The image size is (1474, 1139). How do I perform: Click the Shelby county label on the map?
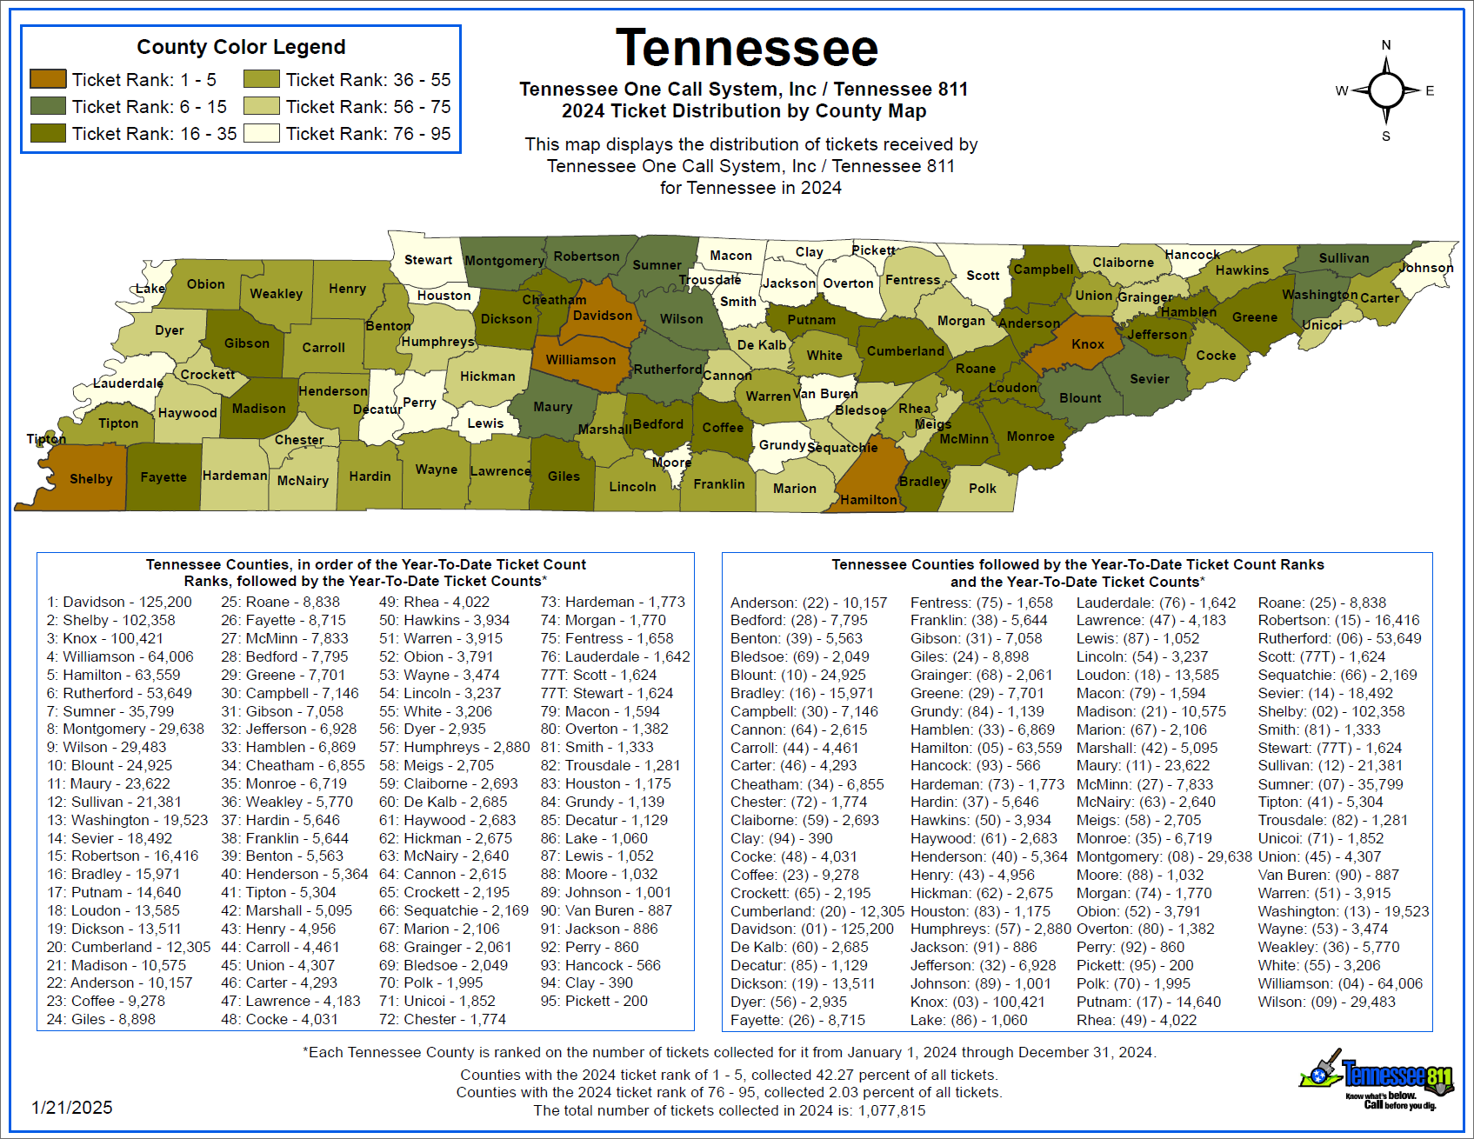pyautogui.click(x=91, y=479)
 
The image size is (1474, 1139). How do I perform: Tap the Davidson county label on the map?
pyautogui.click(x=603, y=316)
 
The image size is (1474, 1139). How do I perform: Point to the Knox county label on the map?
pyautogui.click(x=1088, y=344)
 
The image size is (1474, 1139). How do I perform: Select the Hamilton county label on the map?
pyautogui.click(x=869, y=500)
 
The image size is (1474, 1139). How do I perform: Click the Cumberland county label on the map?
pyautogui.click(x=905, y=351)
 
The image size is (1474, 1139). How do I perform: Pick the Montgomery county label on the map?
pyautogui.click(x=504, y=261)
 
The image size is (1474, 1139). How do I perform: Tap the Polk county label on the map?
pyautogui.click(x=983, y=489)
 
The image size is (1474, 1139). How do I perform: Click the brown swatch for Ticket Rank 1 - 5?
pyautogui.click(x=48, y=79)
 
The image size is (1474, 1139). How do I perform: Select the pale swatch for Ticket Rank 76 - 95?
pyautogui.click(x=262, y=133)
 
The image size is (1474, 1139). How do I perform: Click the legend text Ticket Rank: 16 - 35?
pyautogui.click(x=154, y=134)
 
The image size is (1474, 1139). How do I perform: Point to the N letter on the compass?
pyautogui.click(x=1386, y=45)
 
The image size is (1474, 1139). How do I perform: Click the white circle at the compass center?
pyautogui.click(x=1386, y=90)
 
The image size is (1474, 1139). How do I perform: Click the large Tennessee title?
pyautogui.click(x=747, y=49)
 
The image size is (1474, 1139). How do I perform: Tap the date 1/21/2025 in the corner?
pyautogui.click(x=72, y=1108)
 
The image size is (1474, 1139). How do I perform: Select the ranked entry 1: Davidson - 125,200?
pyautogui.click(x=119, y=602)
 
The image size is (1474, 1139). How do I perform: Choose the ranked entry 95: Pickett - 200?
pyautogui.click(x=594, y=1001)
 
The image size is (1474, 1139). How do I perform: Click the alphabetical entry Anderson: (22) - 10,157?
pyautogui.click(x=809, y=603)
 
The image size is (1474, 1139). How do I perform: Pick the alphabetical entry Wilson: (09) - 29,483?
pyautogui.click(x=1326, y=1002)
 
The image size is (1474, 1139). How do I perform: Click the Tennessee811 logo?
pyautogui.click(x=1378, y=1080)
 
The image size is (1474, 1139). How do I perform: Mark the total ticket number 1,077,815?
pyautogui.click(x=891, y=1110)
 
